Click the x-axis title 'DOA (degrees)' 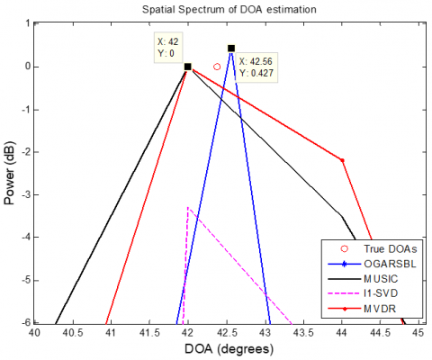(x=226, y=348)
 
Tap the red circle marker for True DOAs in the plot (x=217, y=67)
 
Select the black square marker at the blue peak (x=231, y=49)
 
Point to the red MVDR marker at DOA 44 (x=342, y=160)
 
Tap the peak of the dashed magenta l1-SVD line (x=187, y=208)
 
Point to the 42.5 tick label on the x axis (x=227, y=334)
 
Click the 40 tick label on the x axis (x=34, y=334)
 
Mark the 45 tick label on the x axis (x=418, y=334)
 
